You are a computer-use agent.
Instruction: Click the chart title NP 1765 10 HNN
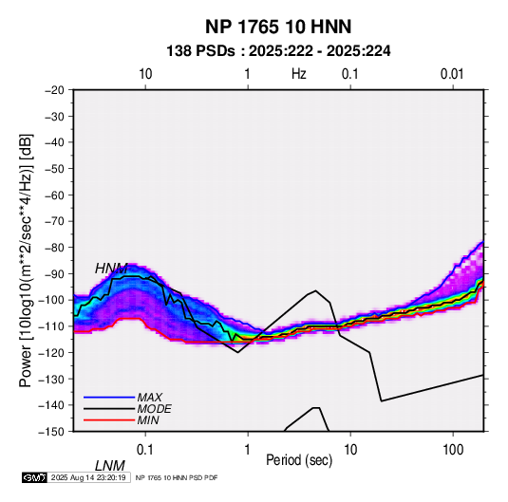point(278,27)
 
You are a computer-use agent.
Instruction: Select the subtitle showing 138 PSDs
point(278,51)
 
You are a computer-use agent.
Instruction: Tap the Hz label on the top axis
point(299,74)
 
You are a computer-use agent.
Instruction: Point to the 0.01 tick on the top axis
point(452,74)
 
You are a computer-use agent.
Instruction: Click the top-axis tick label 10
point(145,74)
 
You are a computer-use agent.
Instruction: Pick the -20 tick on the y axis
point(54,90)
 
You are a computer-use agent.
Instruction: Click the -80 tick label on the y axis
point(54,248)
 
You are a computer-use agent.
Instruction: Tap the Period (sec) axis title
point(299,460)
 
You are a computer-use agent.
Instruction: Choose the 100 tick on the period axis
point(453,450)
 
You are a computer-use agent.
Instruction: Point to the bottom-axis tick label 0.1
point(145,450)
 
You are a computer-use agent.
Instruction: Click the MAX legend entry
point(149,398)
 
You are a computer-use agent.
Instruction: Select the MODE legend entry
point(154,409)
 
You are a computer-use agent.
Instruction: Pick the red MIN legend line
point(109,420)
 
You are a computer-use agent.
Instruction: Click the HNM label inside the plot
point(111,269)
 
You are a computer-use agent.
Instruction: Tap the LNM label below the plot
point(109,466)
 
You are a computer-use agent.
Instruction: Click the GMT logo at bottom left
point(35,477)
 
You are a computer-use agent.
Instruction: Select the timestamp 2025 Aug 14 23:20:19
point(88,477)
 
